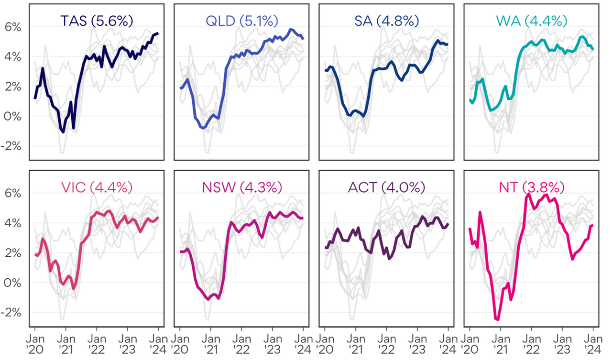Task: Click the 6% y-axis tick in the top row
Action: [13, 27]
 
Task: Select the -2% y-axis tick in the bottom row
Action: [12, 312]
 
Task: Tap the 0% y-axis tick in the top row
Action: [13, 116]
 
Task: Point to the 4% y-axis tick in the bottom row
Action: [13, 223]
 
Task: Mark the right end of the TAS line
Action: [158, 33]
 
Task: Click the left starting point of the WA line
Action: [470, 99]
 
